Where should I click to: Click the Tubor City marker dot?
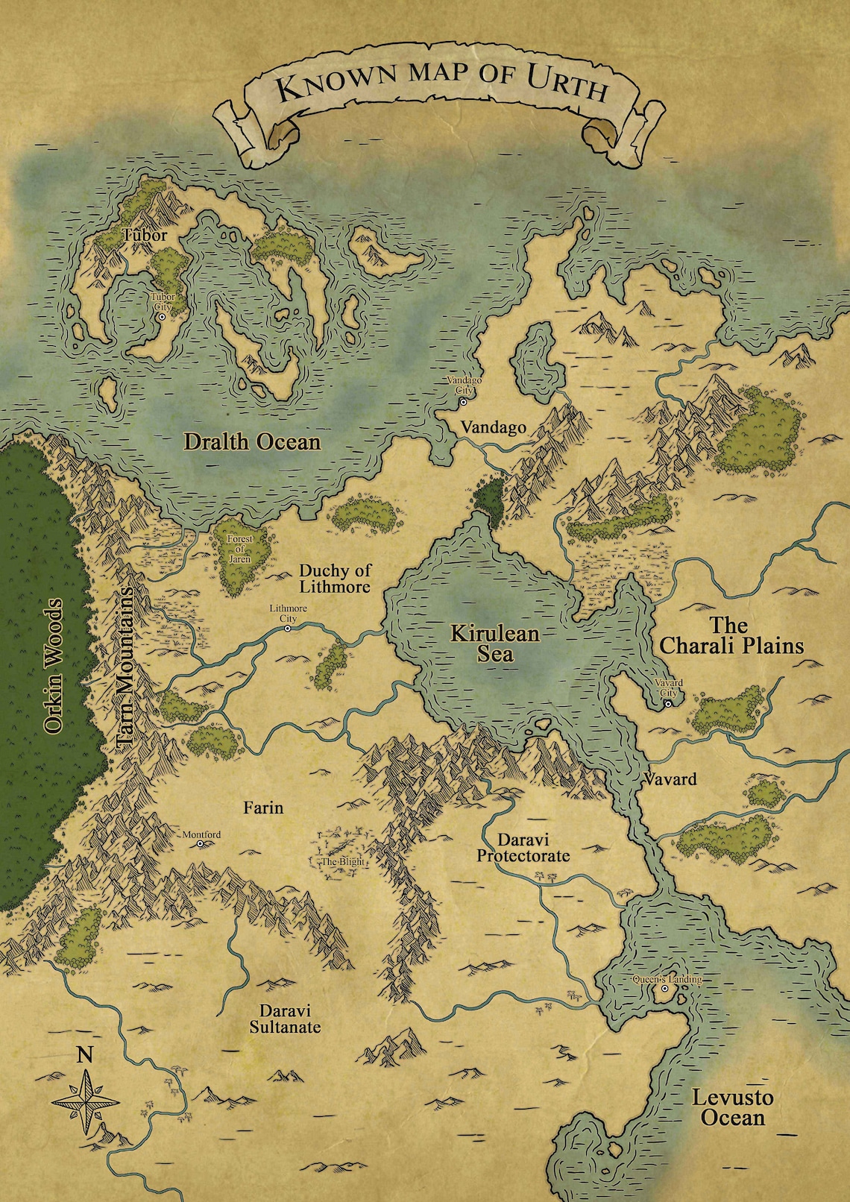coord(162,317)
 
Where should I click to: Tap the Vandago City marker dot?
coord(463,401)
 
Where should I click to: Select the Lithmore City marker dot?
coord(288,629)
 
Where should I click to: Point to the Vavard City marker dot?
coord(668,702)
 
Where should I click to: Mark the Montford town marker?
coord(201,845)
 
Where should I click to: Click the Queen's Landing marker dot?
coord(664,989)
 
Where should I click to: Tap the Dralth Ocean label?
coord(252,442)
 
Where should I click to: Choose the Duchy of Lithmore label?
coord(335,579)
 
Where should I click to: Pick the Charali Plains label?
coord(731,635)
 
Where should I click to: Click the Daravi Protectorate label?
coord(523,848)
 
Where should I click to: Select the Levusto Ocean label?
coord(733,1107)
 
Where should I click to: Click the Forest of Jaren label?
coord(240,548)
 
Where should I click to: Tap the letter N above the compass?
coord(86,1055)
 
